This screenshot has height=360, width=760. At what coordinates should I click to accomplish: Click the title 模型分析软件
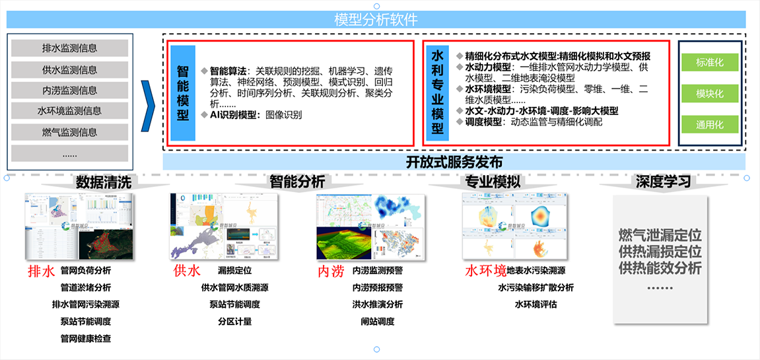pyautogui.click(x=376, y=20)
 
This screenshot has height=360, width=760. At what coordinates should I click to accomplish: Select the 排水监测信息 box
pyautogui.click(x=69, y=48)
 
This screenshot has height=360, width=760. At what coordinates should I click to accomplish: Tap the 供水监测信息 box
pyautogui.click(x=69, y=69)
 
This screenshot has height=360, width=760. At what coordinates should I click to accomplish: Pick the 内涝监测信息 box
pyautogui.click(x=69, y=90)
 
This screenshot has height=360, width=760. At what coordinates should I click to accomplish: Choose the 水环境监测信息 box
pyautogui.click(x=69, y=111)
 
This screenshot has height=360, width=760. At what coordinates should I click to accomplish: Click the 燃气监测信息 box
pyautogui.click(x=69, y=132)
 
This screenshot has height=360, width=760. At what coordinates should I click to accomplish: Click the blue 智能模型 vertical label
pyautogui.click(x=183, y=92)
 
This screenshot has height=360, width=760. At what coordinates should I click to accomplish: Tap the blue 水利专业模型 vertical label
pyautogui.click(x=437, y=92)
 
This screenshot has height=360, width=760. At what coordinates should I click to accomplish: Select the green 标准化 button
pyautogui.click(x=709, y=63)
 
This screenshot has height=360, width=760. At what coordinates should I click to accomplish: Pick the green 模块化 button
pyautogui.click(x=709, y=94)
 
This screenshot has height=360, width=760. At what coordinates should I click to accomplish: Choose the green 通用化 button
pyautogui.click(x=709, y=124)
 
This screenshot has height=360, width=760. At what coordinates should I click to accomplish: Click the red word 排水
pyautogui.click(x=40, y=271)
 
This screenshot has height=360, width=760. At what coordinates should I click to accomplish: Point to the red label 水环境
pyautogui.click(x=485, y=271)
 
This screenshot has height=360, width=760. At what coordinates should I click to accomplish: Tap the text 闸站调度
pyautogui.click(x=377, y=322)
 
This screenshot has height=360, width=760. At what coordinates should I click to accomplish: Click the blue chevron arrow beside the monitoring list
pyautogui.click(x=149, y=100)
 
